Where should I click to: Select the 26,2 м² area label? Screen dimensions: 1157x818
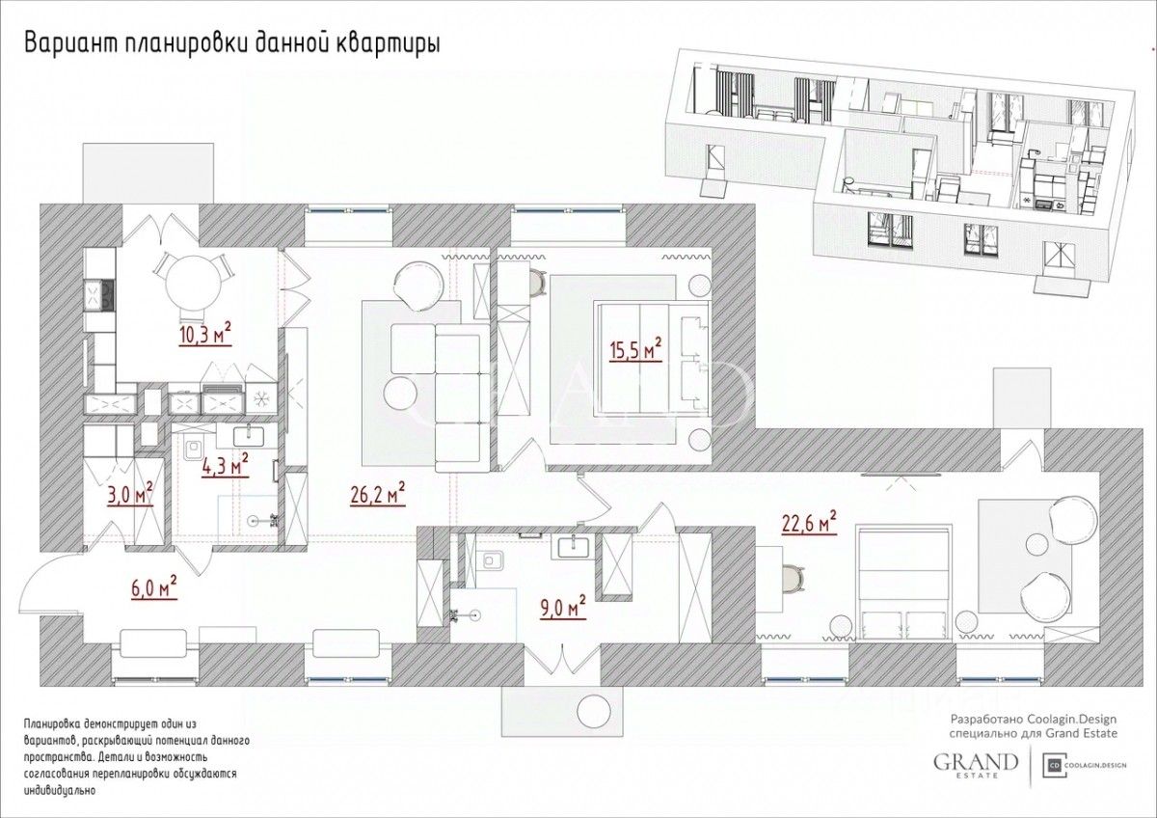point(378,494)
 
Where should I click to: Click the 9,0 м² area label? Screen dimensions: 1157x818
point(561,606)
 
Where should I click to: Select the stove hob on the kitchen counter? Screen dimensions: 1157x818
point(98,294)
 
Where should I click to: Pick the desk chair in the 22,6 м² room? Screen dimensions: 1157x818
point(794,578)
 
